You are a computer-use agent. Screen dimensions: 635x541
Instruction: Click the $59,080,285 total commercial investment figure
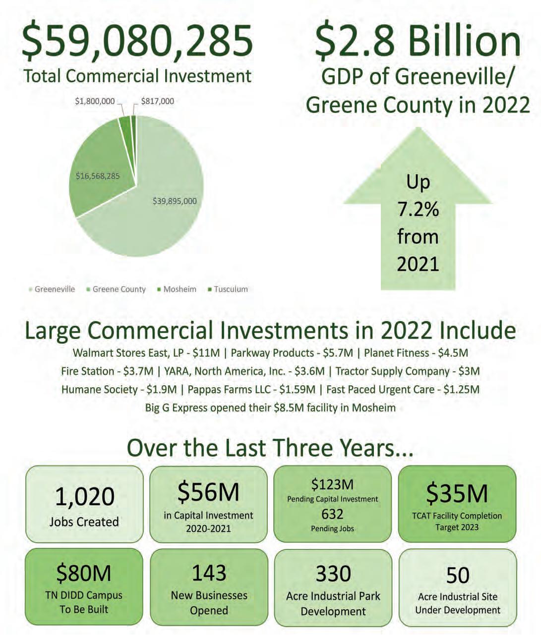pos(137,39)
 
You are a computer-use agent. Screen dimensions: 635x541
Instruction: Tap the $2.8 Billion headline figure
pos(418,40)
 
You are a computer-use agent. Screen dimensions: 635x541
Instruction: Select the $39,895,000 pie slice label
pos(174,201)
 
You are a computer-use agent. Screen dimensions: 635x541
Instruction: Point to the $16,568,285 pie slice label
pos(98,176)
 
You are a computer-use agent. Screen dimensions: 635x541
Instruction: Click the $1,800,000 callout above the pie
pos(95,101)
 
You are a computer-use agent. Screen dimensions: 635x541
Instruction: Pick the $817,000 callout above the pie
pos(157,101)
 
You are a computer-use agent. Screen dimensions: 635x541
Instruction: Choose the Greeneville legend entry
pos(55,289)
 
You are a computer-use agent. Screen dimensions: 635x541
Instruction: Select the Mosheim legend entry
pos(180,289)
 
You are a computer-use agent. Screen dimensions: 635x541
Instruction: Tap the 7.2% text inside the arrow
pos(418,210)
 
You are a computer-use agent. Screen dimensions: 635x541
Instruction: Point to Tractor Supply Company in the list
pos(392,371)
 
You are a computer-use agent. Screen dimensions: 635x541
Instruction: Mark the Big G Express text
pos(177,408)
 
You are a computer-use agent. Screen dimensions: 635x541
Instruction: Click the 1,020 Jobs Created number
pos(84,497)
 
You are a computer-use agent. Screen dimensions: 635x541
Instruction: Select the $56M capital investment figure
pos(208,492)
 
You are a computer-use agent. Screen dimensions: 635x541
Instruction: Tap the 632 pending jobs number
pos(332,514)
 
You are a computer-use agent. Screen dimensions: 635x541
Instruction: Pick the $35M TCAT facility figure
pos(457,493)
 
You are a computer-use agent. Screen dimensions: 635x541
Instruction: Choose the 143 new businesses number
pos(209,573)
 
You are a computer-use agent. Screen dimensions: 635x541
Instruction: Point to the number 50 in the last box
pos(457,576)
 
